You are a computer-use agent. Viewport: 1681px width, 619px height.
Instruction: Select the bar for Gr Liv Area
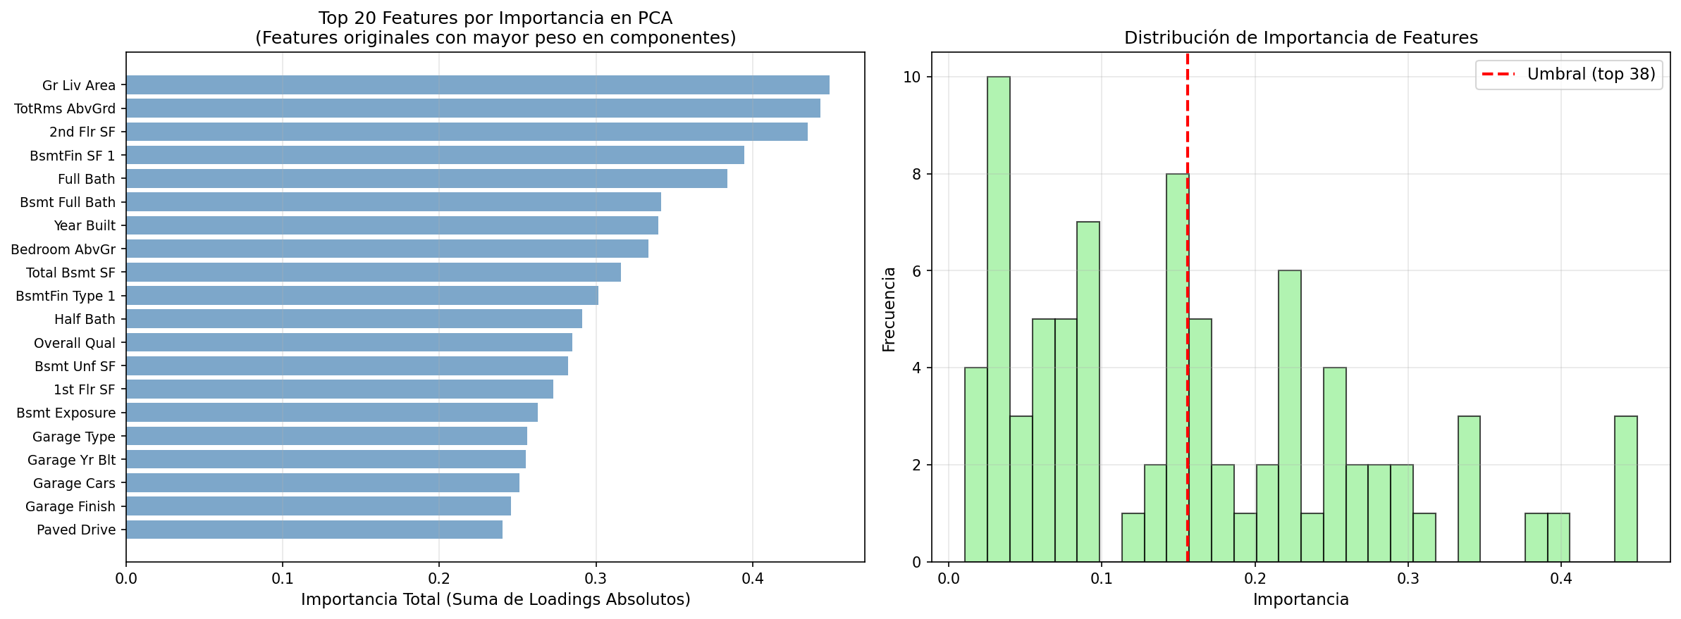pyautogui.click(x=477, y=85)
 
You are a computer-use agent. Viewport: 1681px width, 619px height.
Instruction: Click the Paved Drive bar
pyautogui.click(x=314, y=530)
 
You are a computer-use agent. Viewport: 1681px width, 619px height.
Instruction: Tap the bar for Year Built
pyautogui.click(x=392, y=225)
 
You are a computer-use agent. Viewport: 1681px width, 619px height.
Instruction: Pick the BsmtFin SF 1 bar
pyautogui.click(x=435, y=155)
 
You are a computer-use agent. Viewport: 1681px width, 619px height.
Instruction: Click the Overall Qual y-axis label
pyautogui.click(x=75, y=343)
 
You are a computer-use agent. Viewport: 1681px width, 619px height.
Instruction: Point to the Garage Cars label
pyautogui.click(x=74, y=483)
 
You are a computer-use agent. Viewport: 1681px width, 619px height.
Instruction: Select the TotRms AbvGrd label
pyautogui.click(x=65, y=108)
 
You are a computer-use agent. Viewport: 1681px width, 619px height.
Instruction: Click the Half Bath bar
pyautogui.click(x=354, y=319)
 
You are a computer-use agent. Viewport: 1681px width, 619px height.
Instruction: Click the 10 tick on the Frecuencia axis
pyautogui.click(x=913, y=77)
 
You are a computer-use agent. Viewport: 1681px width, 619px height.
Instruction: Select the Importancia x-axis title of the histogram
pyautogui.click(x=1300, y=599)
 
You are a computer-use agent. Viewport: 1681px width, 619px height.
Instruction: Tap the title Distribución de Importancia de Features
pyautogui.click(x=1300, y=37)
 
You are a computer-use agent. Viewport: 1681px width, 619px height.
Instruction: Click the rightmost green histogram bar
pyautogui.click(x=1625, y=489)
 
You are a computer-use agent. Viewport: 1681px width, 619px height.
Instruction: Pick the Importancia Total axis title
pyautogui.click(x=495, y=599)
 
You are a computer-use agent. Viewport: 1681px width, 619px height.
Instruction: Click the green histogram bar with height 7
pyautogui.click(x=1088, y=392)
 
